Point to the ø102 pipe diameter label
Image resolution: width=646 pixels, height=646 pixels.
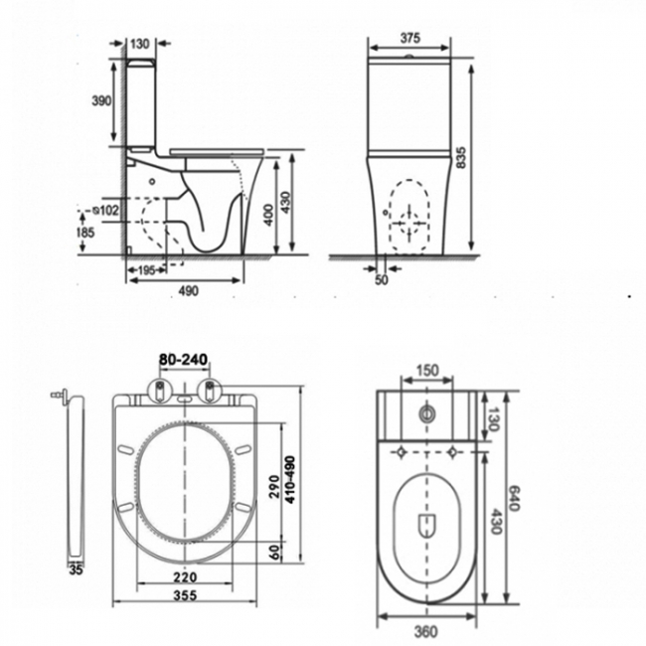pos(103,211)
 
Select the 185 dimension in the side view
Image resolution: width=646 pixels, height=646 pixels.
pos(86,232)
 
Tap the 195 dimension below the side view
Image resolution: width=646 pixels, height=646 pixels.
pos(145,271)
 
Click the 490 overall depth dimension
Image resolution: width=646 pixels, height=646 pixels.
pos(188,291)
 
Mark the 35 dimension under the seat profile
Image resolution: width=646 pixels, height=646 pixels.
pos(76,569)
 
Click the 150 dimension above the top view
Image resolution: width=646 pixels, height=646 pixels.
pos(425,371)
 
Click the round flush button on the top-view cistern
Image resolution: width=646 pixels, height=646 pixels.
pos(428,412)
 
